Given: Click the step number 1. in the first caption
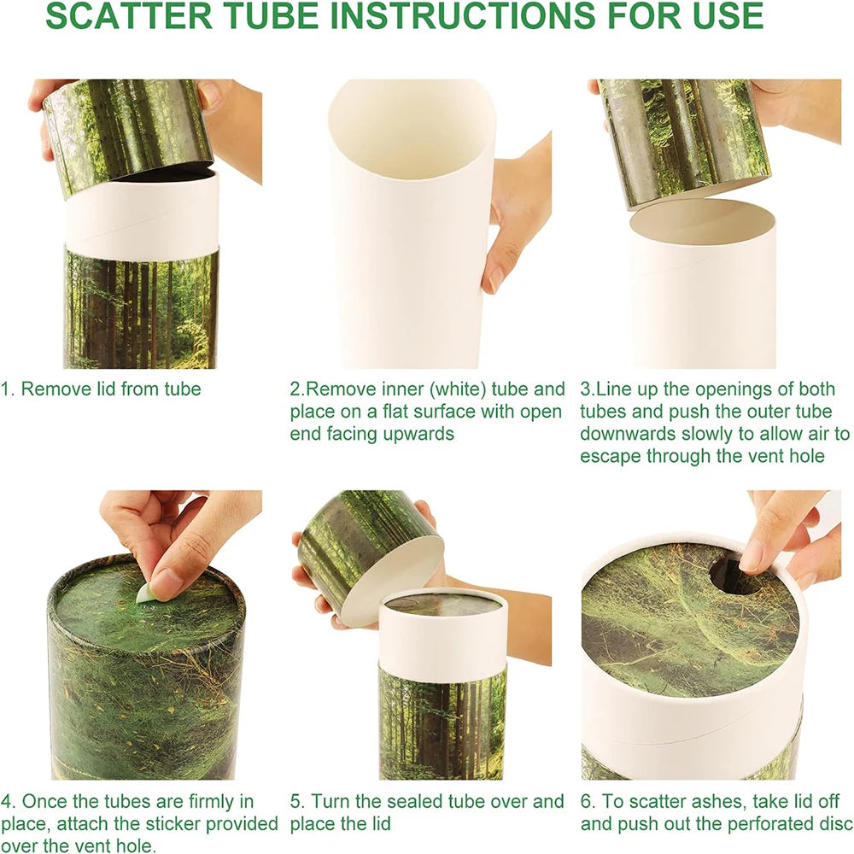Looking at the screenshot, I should pyautogui.click(x=9, y=389).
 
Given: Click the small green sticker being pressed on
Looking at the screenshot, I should pyautogui.click(x=145, y=594).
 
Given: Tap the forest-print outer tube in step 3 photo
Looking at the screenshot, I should pyautogui.click(x=683, y=137).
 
